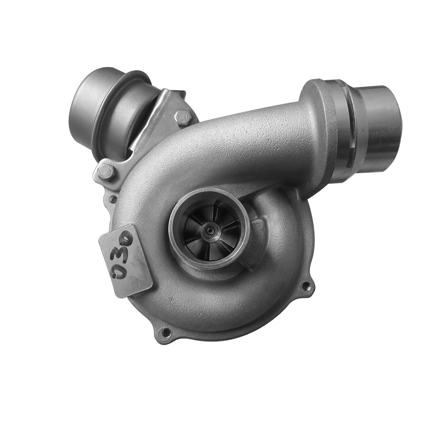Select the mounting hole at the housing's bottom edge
[x=165, y=333]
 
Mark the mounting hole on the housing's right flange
[x=306, y=286]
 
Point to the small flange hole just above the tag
[x=113, y=199]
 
